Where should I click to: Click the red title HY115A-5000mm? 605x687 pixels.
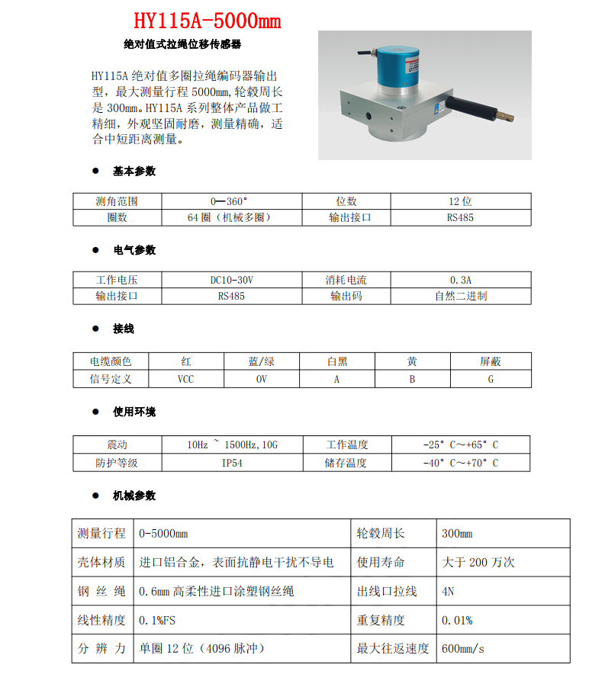[207, 21]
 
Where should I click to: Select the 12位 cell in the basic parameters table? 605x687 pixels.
[460, 201]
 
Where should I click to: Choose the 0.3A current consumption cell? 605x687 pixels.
[460, 280]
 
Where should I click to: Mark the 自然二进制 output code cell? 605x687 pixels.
[460, 296]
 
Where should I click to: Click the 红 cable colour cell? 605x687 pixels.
[185, 361]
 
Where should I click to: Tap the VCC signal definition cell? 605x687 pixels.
[185, 378]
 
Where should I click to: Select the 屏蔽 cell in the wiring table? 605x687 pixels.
[491, 361]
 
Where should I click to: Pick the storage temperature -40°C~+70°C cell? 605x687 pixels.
[460, 462]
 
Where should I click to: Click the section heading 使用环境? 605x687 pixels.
[134, 412]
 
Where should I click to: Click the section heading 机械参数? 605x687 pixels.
[134, 496]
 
